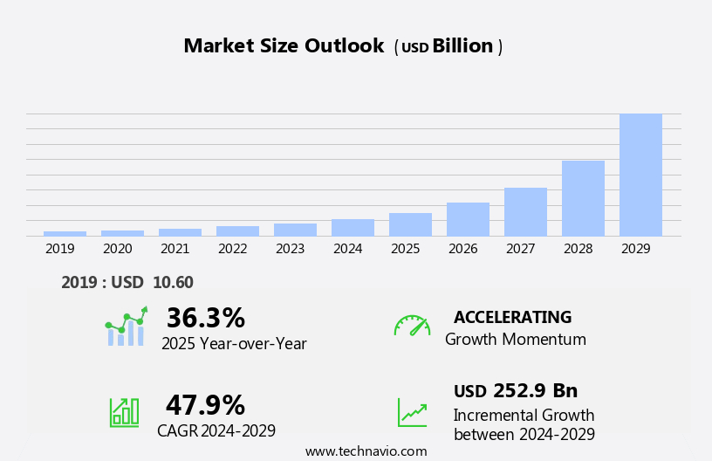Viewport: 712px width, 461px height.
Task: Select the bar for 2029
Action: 640,175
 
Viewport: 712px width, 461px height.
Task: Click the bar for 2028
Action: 583,198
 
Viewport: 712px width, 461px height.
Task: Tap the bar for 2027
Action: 525,211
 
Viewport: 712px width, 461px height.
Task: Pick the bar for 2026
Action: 468,219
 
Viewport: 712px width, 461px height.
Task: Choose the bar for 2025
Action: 410,224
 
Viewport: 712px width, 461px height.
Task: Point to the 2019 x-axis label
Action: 60,249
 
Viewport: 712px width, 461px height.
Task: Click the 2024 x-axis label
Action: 347,249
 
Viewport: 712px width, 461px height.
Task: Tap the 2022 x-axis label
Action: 232,249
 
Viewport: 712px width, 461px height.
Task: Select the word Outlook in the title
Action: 344,46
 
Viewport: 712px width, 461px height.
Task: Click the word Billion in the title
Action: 462,46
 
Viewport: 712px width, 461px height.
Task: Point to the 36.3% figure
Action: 205,318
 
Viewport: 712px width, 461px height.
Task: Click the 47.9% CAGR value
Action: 205,405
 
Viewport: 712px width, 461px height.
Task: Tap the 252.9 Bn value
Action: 535,391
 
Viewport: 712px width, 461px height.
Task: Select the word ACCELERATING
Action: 512,318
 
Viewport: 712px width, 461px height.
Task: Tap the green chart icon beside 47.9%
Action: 124,411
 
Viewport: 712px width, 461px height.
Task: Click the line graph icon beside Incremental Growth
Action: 412,412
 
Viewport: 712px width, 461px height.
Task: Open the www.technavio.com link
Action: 366,451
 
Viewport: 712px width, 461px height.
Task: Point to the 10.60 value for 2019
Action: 173,282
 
